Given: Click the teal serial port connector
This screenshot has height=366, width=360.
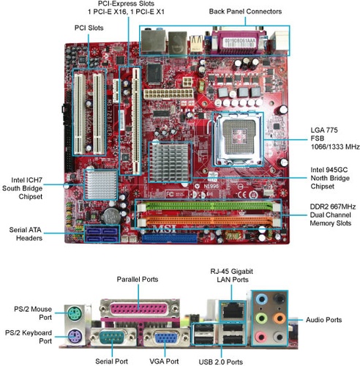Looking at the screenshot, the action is (x=112, y=337).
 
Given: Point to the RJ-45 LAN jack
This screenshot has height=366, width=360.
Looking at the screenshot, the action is (x=232, y=310).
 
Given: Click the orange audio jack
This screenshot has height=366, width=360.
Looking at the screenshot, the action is (x=280, y=318).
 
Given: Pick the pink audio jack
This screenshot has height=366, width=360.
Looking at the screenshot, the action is (x=261, y=337).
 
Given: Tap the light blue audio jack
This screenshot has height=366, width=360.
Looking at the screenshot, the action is (x=261, y=299).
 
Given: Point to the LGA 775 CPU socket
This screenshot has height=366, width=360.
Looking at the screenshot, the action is (x=238, y=138).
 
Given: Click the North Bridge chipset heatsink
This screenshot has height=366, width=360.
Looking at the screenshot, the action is (x=170, y=162).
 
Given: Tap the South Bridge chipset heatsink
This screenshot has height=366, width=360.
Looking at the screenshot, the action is (x=101, y=184).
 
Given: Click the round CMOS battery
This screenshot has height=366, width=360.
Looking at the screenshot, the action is (x=111, y=216).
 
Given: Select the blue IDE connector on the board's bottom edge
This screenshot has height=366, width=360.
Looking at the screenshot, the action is (x=169, y=239).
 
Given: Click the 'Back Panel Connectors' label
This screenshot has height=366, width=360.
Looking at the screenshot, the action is (x=245, y=12).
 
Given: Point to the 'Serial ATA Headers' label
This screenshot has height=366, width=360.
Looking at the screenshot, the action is (x=26, y=234).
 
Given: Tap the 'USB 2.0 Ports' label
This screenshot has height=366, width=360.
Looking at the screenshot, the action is (x=221, y=362).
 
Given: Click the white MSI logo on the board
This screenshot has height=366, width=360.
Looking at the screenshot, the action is (x=164, y=229).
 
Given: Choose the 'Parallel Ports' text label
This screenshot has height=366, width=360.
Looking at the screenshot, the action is (x=138, y=279).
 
